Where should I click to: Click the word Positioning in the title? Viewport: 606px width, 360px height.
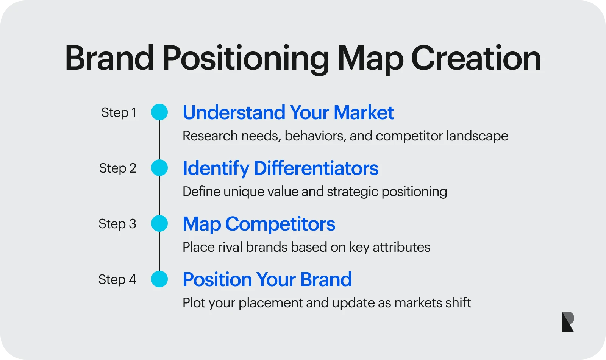click(246, 59)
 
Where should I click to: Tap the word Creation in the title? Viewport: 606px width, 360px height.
click(476, 59)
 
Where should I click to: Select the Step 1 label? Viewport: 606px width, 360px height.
click(119, 112)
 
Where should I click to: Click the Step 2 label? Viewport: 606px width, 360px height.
click(117, 168)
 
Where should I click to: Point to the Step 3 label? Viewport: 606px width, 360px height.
click(117, 224)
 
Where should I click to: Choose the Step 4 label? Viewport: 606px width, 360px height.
click(117, 279)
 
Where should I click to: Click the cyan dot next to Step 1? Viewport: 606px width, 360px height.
click(159, 112)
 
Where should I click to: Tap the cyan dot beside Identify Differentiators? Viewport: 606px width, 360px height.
click(159, 168)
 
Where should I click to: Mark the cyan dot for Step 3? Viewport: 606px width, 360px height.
click(159, 224)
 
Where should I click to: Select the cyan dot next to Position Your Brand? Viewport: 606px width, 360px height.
click(159, 279)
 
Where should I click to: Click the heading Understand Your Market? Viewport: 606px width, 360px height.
click(288, 113)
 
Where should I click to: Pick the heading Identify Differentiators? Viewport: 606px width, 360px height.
click(280, 168)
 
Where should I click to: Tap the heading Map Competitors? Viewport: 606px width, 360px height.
click(259, 224)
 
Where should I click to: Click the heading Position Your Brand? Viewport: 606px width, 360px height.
click(267, 280)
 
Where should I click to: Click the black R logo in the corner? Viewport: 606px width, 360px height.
click(568, 322)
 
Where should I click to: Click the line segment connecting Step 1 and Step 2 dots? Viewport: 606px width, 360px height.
click(159, 140)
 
